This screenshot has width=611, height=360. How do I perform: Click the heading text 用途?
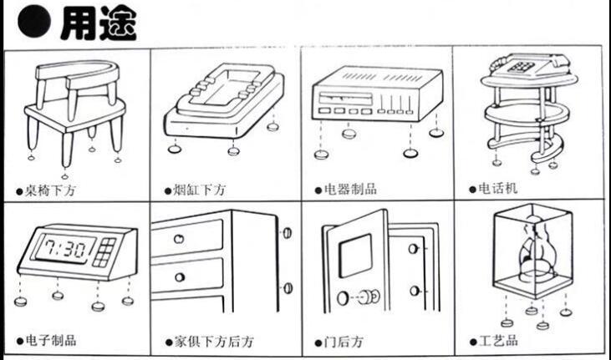(x=99, y=23)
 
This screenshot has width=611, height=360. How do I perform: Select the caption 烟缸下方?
(x=199, y=190)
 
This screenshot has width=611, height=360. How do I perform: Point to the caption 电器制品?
(x=349, y=189)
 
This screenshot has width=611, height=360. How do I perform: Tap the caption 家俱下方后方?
(x=210, y=342)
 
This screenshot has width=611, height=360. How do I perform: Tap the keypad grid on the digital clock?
(x=106, y=250)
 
